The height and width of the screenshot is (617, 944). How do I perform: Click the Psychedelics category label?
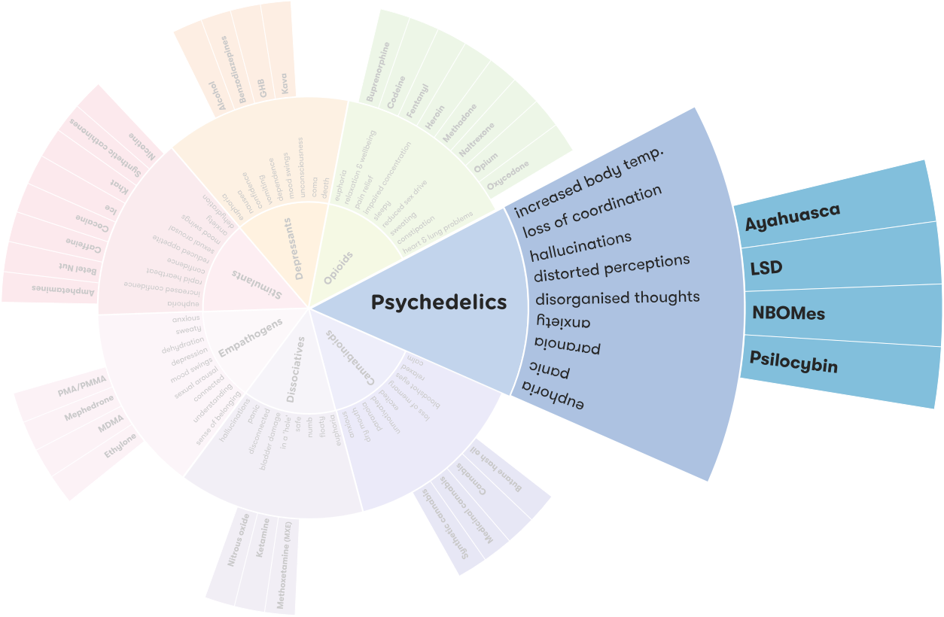(x=439, y=302)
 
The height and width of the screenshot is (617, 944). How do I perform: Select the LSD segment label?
(x=766, y=268)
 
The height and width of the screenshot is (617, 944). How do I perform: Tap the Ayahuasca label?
(x=792, y=217)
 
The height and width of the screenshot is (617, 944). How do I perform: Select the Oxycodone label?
(x=508, y=174)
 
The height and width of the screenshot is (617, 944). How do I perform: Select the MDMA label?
(x=111, y=430)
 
